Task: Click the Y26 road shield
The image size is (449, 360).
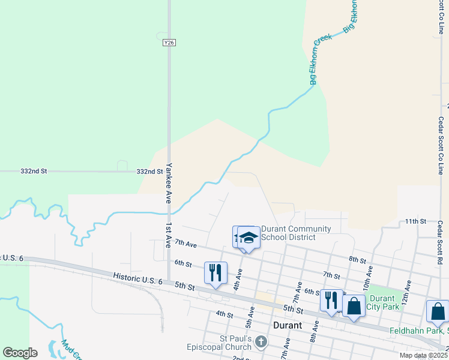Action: click(x=169, y=43)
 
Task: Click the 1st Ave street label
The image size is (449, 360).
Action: click(x=169, y=233)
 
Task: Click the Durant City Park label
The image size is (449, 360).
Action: click(x=382, y=302)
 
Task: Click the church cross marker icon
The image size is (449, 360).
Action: click(x=261, y=343)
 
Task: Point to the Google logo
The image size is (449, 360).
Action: click(x=20, y=352)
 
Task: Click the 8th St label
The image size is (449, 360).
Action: click(x=357, y=260)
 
